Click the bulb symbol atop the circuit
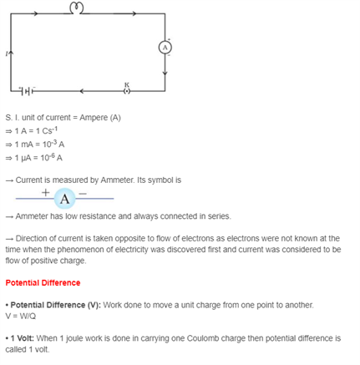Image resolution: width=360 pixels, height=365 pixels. pyautogui.click(x=77, y=8)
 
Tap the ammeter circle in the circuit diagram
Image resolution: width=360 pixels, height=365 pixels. pyautogui.click(x=165, y=47)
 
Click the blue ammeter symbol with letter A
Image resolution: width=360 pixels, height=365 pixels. pyautogui.click(x=65, y=198)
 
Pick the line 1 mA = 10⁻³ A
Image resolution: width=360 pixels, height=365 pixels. pyautogui.click(x=33, y=144)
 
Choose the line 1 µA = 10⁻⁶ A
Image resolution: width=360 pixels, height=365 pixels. pyautogui.click(x=33, y=156)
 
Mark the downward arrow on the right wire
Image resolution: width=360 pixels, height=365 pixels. pyautogui.click(x=165, y=72)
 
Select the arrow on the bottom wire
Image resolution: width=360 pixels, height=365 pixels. pyautogui.click(x=80, y=89)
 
